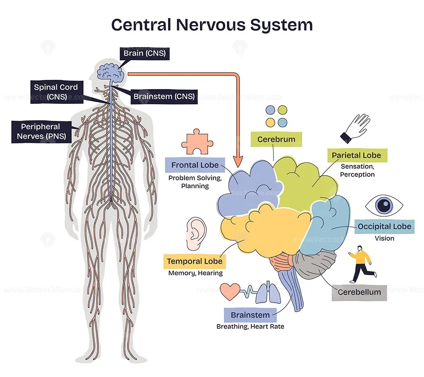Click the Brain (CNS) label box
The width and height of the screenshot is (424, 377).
pos(145,53)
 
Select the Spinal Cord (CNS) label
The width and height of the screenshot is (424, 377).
pos(56,92)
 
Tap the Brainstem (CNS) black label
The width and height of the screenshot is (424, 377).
pos(164,97)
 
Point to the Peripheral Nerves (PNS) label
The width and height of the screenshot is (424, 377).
pos(42,131)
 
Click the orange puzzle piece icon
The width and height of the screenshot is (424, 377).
pos(197,142)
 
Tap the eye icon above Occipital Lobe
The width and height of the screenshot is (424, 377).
pos(384,205)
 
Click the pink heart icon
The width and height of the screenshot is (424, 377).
pos(230,291)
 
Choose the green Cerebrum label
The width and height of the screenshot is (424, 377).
pos(276,139)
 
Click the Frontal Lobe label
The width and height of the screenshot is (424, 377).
pos(195,165)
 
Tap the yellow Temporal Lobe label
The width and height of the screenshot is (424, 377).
pos(195,261)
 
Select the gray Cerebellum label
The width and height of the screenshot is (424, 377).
pos(360,292)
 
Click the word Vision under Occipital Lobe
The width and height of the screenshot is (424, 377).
pos(384,238)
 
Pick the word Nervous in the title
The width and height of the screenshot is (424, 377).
pos(211,25)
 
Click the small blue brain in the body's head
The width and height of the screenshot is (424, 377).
pos(111,73)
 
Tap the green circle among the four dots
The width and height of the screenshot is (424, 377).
pos(282,110)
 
